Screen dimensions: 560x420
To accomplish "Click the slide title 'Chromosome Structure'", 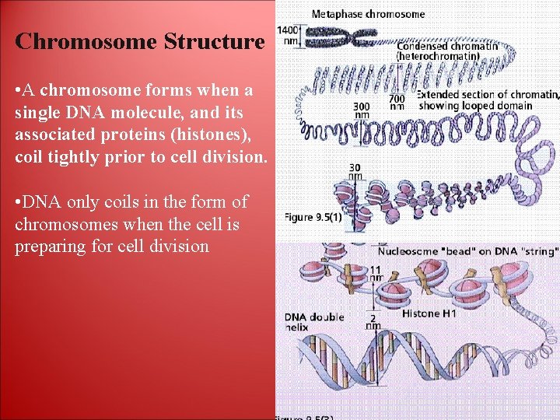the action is point(139,41).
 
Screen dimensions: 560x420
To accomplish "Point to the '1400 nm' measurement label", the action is point(289,36).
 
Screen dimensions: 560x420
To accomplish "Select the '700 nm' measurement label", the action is point(397,103).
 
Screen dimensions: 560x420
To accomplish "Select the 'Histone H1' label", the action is point(429,313).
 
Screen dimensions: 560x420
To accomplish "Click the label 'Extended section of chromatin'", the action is point(488,94).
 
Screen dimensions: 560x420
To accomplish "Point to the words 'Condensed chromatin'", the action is point(447,45).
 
